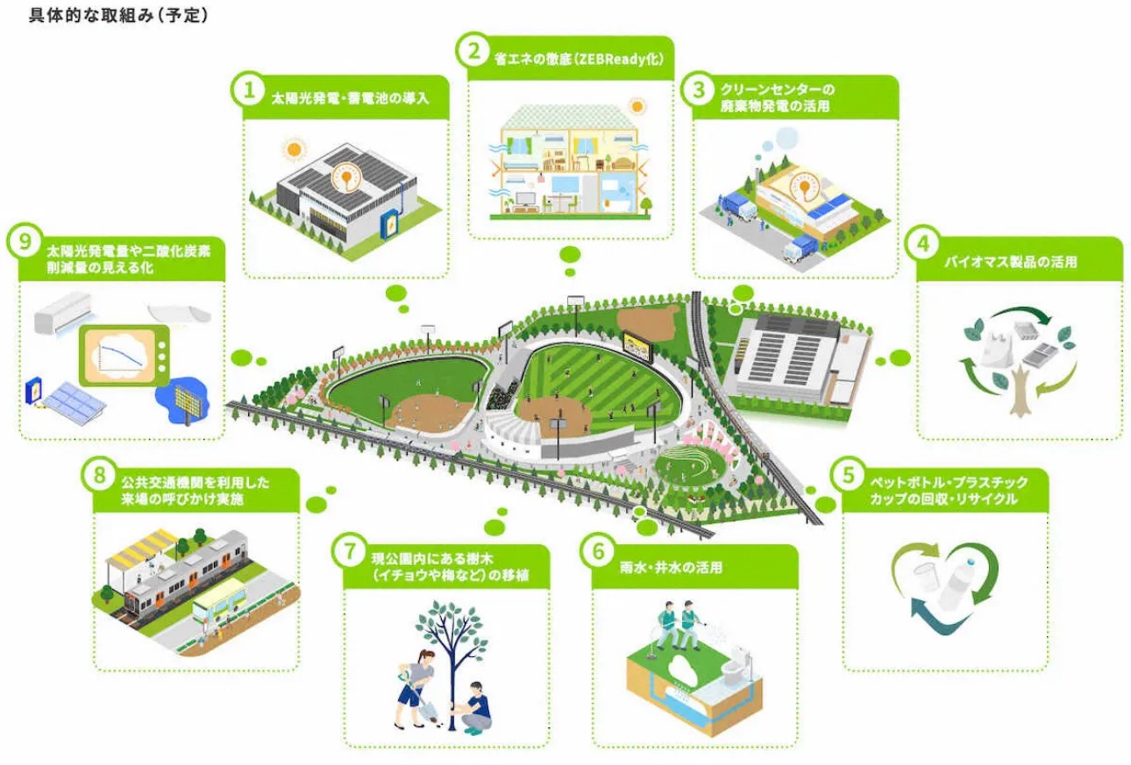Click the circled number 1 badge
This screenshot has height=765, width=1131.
(248, 89)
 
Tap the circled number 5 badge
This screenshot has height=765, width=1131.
(847, 476)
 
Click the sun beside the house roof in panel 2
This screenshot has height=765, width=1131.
(637, 106)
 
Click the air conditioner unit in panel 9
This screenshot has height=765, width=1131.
(61, 311)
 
